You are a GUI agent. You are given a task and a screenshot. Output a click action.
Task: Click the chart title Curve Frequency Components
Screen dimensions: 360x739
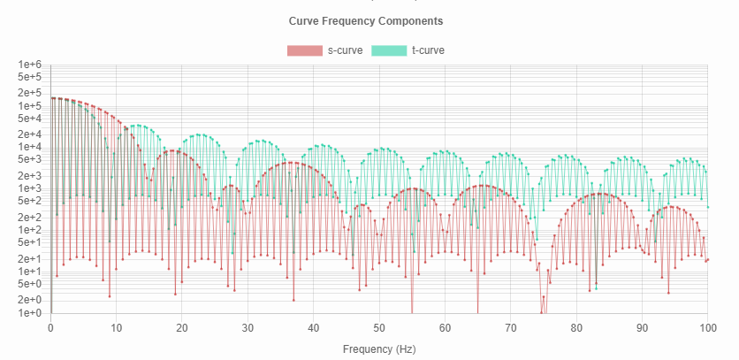coord(366,20)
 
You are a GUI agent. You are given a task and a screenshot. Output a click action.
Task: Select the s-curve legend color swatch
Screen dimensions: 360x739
coord(305,50)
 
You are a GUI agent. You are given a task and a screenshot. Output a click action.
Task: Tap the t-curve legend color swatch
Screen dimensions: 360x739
coord(389,50)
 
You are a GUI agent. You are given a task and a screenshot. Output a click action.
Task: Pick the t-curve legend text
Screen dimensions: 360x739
coord(428,50)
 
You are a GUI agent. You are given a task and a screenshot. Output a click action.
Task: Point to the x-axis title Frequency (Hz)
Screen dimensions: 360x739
coord(378,349)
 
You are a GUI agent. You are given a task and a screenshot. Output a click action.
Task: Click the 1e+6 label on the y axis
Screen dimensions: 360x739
coord(30,65)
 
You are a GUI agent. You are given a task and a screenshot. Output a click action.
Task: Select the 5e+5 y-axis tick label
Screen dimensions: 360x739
coord(30,77)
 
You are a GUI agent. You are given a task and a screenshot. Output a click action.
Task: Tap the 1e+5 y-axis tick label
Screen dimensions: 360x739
coord(30,106)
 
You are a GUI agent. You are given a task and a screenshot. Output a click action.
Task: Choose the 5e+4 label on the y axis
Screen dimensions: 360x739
coord(30,119)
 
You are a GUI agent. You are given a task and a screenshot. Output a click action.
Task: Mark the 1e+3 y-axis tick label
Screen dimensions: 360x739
coord(30,188)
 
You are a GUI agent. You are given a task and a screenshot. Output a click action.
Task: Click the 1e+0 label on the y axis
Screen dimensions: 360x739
coord(30,313)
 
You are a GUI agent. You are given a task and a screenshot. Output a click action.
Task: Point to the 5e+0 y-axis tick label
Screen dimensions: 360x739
coord(30,284)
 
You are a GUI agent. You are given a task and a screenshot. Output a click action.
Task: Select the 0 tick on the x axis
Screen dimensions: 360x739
coord(50,327)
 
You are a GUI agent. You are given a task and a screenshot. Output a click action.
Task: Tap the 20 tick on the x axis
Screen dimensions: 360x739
coord(182,327)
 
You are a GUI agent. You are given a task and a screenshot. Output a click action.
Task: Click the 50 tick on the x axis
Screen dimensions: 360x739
coord(378,327)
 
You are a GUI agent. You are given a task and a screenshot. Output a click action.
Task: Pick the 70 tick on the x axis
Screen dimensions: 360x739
coord(510,327)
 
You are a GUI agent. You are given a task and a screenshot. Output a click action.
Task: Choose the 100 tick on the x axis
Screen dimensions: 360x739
coord(706,327)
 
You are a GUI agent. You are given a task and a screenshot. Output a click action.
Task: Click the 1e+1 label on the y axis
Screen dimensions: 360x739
coord(30,272)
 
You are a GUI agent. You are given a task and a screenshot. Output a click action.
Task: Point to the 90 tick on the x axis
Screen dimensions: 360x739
coord(641,327)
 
